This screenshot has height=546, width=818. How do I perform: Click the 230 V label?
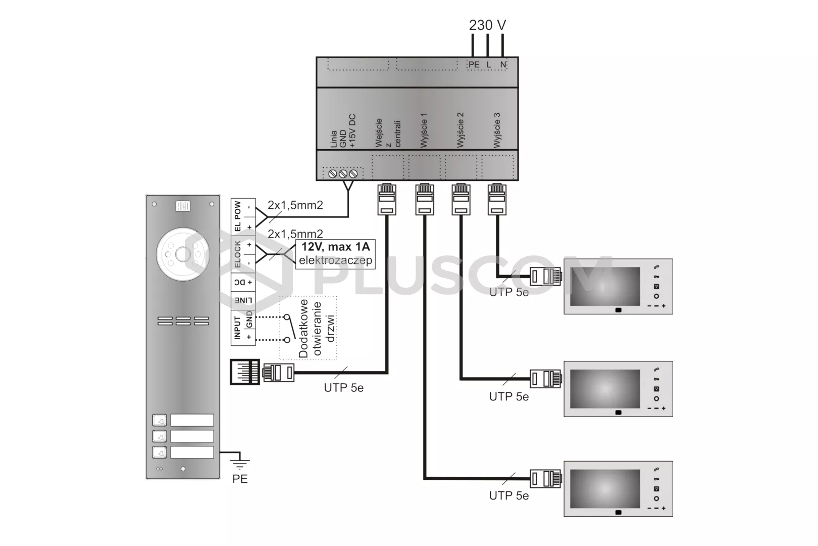[x=487, y=25]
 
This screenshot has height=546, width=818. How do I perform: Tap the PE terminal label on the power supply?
[x=474, y=65]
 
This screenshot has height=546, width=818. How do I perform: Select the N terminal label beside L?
[x=503, y=65]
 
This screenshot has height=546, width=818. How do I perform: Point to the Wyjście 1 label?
[x=424, y=130]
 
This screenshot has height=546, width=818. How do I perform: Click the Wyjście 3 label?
[x=497, y=130]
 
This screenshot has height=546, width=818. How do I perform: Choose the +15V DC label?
[x=352, y=131]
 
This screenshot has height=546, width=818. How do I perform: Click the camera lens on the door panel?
[x=183, y=254]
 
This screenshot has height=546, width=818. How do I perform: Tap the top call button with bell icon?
[x=160, y=420]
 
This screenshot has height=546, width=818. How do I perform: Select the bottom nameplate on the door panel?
[x=192, y=452]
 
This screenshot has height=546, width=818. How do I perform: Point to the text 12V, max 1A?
[x=335, y=247]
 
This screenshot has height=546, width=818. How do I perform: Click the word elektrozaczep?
[x=335, y=260]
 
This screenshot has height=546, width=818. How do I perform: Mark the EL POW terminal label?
[x=237, y=216]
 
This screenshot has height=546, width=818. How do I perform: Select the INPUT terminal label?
[x=237, y=328]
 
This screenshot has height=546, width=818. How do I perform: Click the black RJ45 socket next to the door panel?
[x=245, y=372]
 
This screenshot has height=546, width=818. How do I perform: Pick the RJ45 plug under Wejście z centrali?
[x=387, y=199]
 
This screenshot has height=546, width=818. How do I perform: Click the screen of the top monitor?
[x=605, y=286]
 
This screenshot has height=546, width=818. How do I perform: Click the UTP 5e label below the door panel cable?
[x=344, y=388]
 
